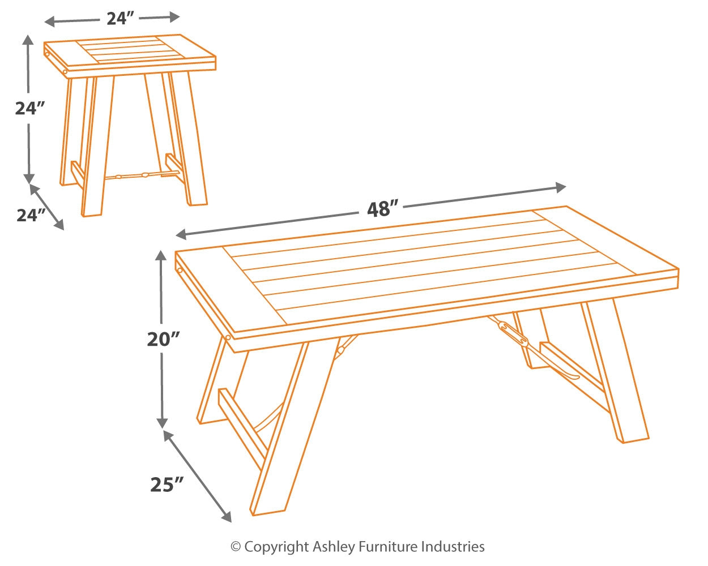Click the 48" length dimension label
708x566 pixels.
(379, 209)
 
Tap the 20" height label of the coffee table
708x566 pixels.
(163, 339)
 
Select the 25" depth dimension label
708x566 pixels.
(167, 484)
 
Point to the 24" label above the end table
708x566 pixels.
(120, 19)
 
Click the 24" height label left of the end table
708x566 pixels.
(30, 109)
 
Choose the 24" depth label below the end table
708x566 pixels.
(31, 215)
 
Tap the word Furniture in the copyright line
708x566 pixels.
(389, 547)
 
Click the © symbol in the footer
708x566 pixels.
(236, 547)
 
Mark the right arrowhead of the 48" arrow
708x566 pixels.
(561, 187)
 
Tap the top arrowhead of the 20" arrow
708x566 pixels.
(162, 256)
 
